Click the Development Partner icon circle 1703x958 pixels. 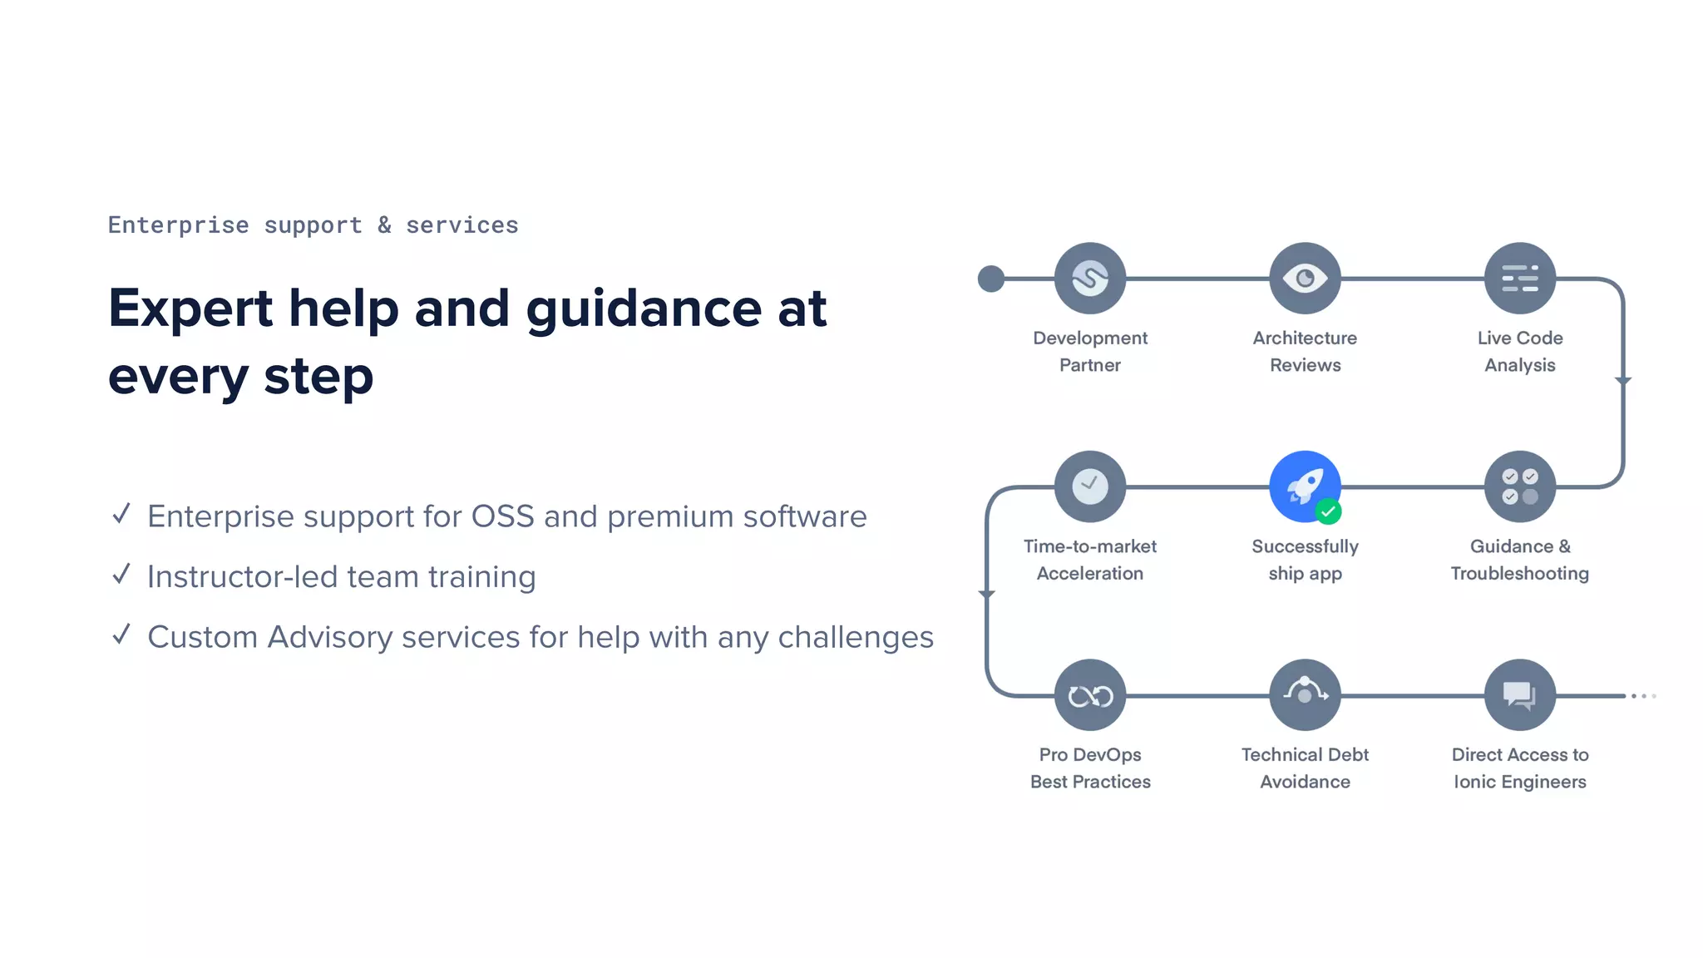click(x=1089, y=278)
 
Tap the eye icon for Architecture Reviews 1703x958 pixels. click(x=1305, y=278)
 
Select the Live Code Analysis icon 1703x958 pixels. click(x=1519, y=278)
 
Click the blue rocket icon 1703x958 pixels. click(x=1303, y=485)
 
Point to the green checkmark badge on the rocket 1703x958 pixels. click(x=1328, y=511)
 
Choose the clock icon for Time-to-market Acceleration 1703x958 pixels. click(x=1089, y=486)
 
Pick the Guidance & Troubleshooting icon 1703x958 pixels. click(x=1519, y=486)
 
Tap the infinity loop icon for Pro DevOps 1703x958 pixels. click(x=1089, y=695)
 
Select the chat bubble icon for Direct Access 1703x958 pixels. click(x=1519, y=695)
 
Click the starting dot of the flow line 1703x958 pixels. click(x=990, y=279)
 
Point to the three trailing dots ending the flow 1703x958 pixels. click(x=1643, y=696)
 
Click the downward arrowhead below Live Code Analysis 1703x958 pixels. click(x=1623, y=381)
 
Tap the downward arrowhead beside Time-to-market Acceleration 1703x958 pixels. click(x=986, y=594)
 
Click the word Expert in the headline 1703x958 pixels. click(x=190, y=309)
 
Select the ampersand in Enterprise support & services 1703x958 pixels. click(x=384, y=225)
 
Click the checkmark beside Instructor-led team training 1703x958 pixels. click(x=121, y=574)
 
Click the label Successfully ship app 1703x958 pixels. click(x=1305, y=560)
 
